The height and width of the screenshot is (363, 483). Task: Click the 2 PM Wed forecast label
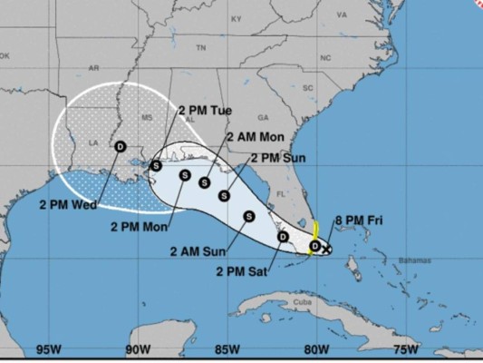68,204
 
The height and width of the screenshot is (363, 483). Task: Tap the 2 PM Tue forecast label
209,112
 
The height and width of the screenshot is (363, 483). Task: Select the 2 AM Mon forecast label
261,136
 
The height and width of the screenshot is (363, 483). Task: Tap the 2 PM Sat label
241,270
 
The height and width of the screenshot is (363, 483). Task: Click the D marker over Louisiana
121,146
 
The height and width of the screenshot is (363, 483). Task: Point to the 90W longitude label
137,348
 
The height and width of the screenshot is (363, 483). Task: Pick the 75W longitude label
406,348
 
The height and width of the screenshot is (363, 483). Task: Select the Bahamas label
412,261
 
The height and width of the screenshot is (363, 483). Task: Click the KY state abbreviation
237,18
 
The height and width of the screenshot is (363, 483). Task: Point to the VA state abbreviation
341,15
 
